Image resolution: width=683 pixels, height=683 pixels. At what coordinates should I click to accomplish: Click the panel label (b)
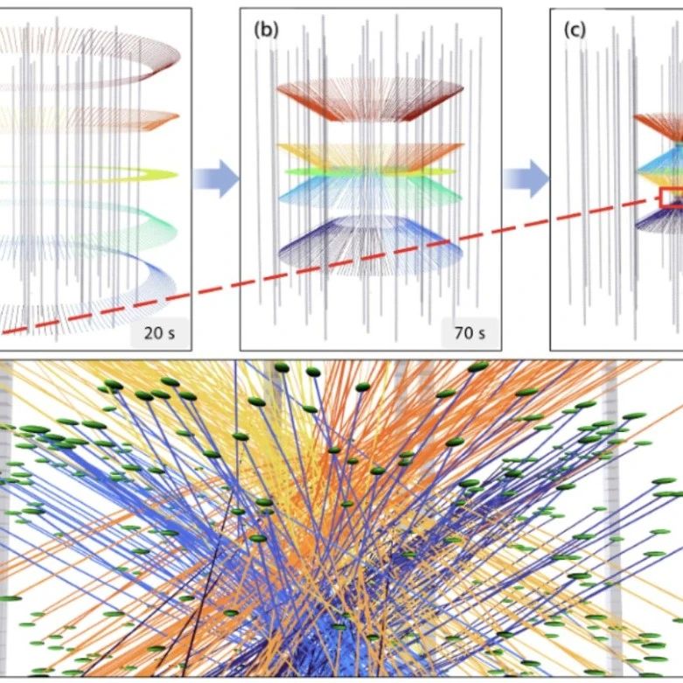pos(266,31)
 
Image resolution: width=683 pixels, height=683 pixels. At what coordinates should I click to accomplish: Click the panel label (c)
pos(575,31)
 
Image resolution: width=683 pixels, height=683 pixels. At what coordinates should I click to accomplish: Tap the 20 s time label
pos(159,333)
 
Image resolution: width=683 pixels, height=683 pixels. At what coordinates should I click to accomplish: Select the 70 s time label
pos(470,333)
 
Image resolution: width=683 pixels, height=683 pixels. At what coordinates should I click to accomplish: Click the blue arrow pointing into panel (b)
pos(216,178)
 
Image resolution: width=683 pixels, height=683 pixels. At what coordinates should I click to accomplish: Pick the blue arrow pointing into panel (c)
pos(526,178)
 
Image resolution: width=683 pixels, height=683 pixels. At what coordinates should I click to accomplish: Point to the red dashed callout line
pos(331,265)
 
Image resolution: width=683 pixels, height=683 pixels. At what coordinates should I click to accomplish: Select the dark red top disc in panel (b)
pos(370,100)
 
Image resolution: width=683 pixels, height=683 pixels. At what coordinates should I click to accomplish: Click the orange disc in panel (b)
pos(370,155)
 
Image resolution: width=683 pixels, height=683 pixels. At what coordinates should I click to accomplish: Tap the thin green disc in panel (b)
pos(370,172)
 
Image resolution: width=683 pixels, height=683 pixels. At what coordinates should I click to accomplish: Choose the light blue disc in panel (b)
pos(370,191)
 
